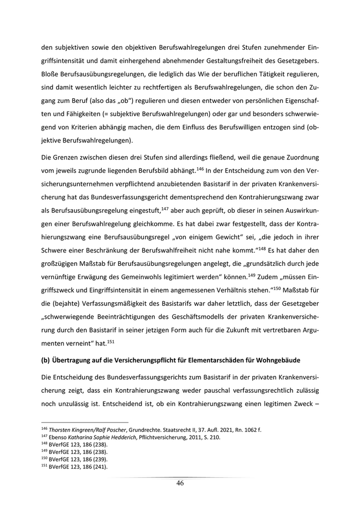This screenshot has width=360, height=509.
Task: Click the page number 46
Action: tap(179, 483)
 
